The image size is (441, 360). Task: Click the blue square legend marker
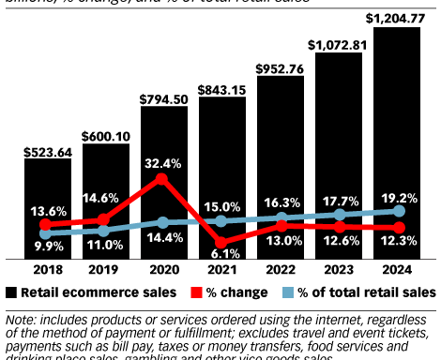[x=286, y=292]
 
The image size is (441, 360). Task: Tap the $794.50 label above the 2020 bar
[x=163, y=97]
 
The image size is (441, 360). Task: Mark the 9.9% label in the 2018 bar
[x=47, y=246]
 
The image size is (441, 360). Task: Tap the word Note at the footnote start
[x=20, y=321]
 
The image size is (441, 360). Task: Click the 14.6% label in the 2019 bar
[x=105, y=199]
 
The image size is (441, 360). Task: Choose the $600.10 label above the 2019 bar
[x=105, y=135]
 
